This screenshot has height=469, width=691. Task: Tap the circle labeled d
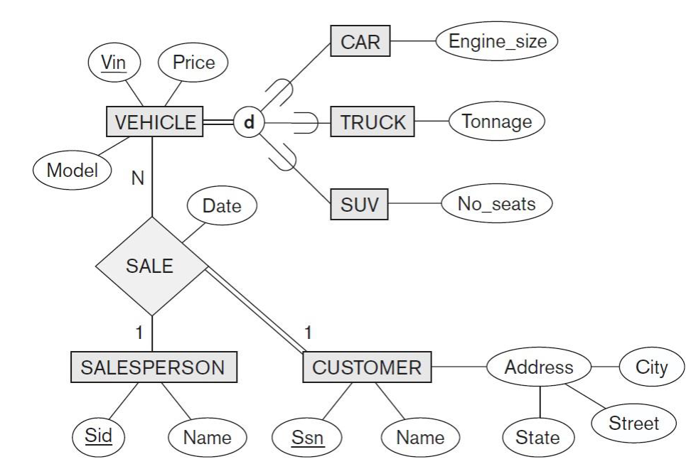click(248, 122)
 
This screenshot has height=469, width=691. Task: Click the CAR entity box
click(360, 42)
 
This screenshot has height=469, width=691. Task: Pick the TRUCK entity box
click(373, 122)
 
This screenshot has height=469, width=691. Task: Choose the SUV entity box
click(360, 207)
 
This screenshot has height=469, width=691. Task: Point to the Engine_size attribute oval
click(497, 41)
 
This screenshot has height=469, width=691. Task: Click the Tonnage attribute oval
click(496, 122)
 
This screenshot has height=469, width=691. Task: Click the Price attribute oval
click(194, 63)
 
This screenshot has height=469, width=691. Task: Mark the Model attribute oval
click(73, 171)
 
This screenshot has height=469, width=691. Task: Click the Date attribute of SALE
click(222, 207)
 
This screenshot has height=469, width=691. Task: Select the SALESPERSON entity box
click(154, 367)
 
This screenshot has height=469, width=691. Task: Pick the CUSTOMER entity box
click(367, 367)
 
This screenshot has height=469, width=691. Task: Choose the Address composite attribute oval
click(539, 367)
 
